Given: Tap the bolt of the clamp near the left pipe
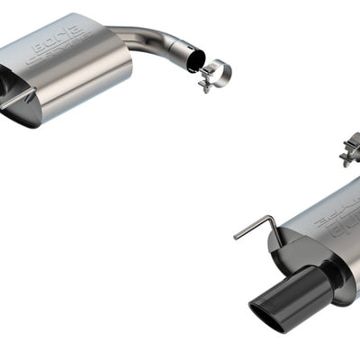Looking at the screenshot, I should pos(205,85).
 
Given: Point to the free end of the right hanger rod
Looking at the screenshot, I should pos(236,237).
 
